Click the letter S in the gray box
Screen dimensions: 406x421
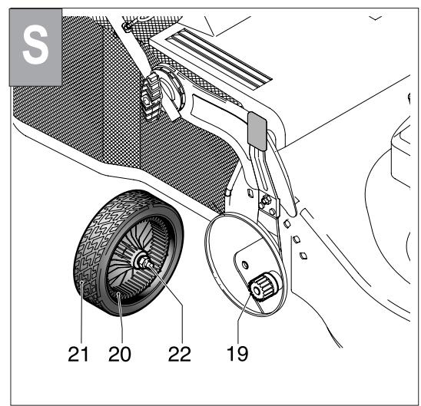[x=34, y=46]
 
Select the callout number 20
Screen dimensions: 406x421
[x=120, y=354]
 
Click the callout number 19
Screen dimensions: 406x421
[x=237, y=354]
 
